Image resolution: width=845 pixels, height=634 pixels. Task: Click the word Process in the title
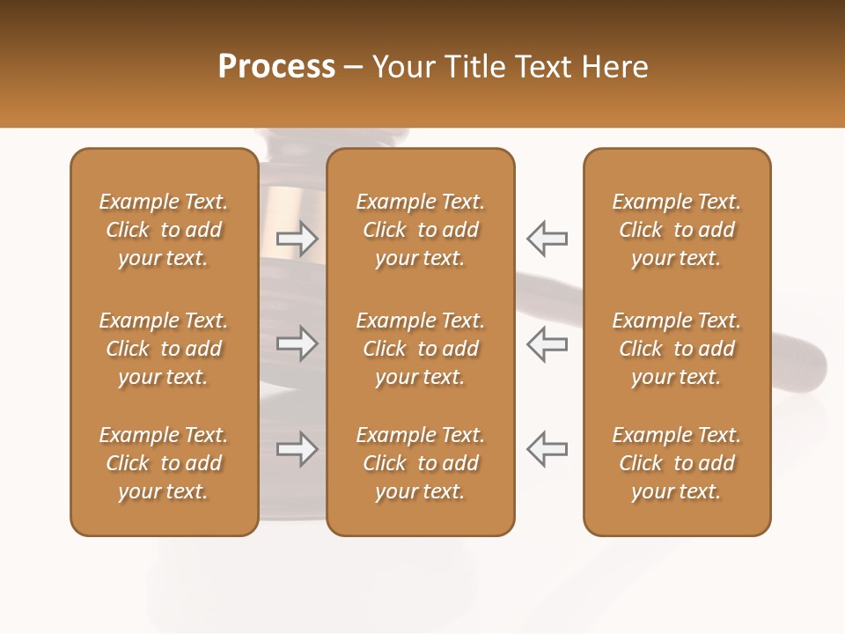[276, 67]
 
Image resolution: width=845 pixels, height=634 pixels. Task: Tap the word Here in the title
[616, 67]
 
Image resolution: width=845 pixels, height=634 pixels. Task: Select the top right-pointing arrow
[298, 239]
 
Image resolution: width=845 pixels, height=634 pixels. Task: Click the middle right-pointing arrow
[298, 343]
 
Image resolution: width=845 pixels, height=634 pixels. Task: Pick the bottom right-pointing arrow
[298, 449]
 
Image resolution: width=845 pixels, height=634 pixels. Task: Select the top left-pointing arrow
[547, 239]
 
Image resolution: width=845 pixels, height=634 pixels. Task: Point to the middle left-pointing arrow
[547, 343]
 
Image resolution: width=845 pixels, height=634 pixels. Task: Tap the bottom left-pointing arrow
[547, 449]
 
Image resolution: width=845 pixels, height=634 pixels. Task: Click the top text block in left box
[164, 230]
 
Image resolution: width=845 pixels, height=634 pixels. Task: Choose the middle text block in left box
[164, 349]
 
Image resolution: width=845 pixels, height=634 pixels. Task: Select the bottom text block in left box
[164, 463]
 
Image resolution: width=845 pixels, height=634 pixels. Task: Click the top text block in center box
[421, 230]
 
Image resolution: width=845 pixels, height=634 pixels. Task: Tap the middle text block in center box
[421, 349]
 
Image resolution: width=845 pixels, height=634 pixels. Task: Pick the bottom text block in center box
[421, 463]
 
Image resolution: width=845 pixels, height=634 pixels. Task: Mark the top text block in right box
[677, 230]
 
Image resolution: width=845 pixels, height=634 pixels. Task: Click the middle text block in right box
[677, 349]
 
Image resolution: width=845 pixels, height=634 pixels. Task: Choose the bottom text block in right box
[677, 463]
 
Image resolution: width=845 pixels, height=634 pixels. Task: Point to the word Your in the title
[403, 67]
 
